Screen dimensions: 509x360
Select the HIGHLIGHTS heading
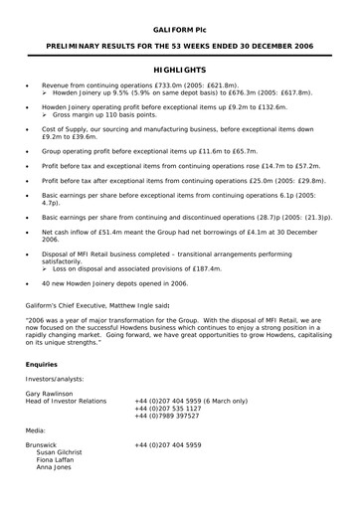click(179, 72)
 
